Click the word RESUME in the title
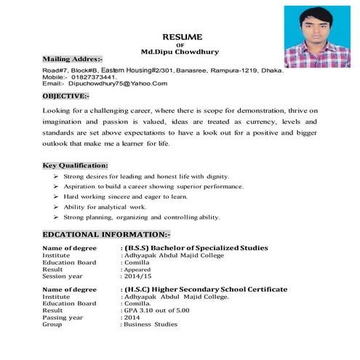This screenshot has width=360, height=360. click(x=182, y=36)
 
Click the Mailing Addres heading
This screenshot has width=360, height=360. click(x=73, y=57)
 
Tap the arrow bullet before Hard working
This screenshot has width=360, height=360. click(x=56, y=197)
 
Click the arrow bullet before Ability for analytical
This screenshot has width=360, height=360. click(x=56, y=207)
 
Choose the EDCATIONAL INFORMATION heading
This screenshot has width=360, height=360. click(x=107, y=234)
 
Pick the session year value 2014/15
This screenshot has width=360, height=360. click(x=139, y=276)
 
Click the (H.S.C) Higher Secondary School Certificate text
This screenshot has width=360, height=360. click(x=206, y=289)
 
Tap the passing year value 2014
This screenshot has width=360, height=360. click(x=132, y=318)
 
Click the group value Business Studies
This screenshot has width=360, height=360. click(x=151, y=324)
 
